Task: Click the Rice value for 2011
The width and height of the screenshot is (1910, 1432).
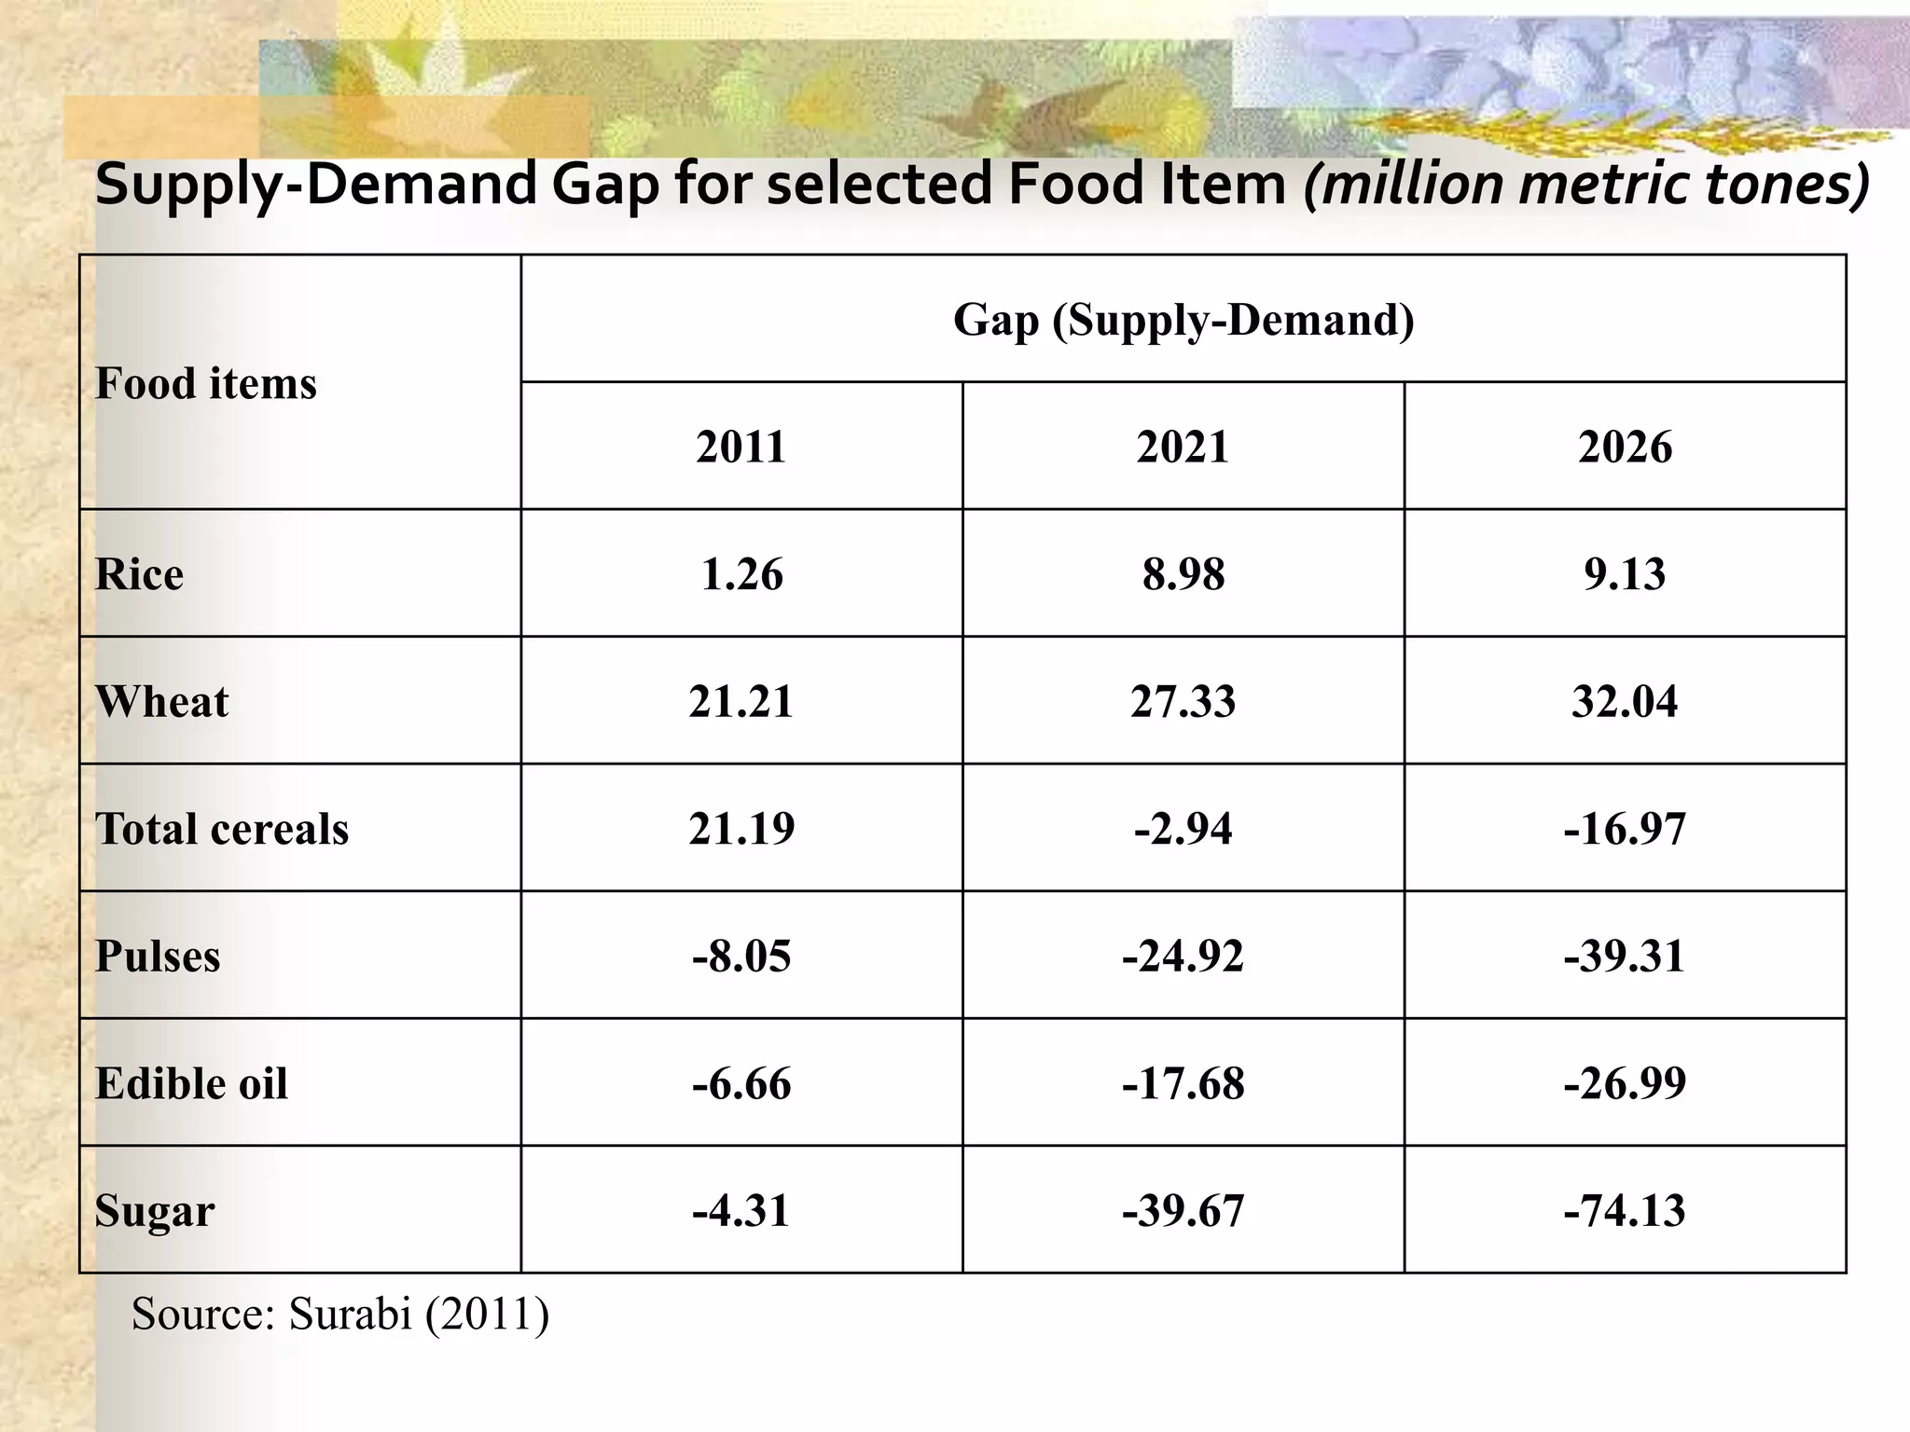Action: point(741,573)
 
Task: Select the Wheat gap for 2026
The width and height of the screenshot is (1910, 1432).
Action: point(1624,701)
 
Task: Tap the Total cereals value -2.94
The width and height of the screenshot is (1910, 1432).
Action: point(1183,829)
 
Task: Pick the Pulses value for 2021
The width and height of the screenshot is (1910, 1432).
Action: point(1183,957)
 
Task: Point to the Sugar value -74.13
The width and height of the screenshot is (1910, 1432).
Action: point(1624,1211)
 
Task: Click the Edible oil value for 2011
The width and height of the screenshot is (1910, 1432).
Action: point(741,1083)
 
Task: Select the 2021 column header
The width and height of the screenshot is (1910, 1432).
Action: point(1183,447)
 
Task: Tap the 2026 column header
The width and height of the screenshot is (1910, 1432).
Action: point(1624,447)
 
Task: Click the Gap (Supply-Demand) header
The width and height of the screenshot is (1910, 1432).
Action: point(1183,320)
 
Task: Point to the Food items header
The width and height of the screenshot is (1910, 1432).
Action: point(206,383)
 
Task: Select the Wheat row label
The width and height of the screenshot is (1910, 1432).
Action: point(161,701)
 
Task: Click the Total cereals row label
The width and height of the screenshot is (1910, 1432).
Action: point(221,829)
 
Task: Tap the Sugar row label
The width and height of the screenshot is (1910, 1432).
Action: point(155,1211)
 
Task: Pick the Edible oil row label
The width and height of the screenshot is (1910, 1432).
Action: point(191,1083)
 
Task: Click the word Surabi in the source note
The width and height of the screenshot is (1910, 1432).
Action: point(350,1314)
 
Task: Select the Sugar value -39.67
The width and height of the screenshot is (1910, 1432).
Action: point(1183,1211)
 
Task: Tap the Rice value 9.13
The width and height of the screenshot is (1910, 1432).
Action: point(1624,573)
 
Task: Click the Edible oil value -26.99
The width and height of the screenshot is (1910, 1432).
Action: point(1624,1083)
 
